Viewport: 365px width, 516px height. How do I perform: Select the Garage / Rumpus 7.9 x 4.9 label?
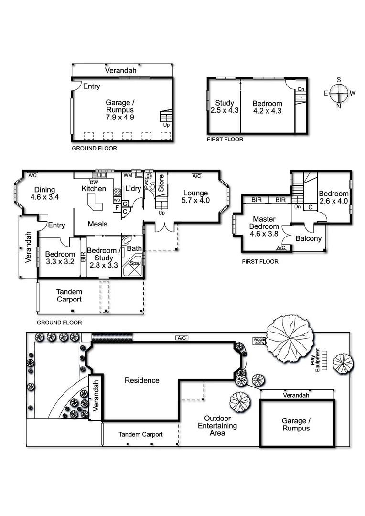click(x=120, y=109)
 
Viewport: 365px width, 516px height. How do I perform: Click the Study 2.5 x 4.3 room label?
click(x=225, y=107)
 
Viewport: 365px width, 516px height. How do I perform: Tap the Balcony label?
click(x=308, y=239)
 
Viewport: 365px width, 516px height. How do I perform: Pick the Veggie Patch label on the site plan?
click(x=258, y=341)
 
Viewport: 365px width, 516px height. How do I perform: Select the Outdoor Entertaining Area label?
click(x=217, y=425)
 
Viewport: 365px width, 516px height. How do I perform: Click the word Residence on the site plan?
click(x=142, y=380)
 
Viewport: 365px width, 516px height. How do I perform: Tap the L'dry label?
click(x=133, y=188)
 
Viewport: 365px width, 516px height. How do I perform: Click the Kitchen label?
click(x=94, y=188)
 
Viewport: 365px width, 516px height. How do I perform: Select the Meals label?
click(x=97, y=224)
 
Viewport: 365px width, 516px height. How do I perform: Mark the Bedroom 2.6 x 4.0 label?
click(x=333, y=197)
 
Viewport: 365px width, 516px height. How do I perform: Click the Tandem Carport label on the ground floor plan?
click(x=69, y=296)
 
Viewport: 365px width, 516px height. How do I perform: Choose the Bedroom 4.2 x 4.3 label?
click(x=267, y=107)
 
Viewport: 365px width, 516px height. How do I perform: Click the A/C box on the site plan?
click(x=181, y=338)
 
